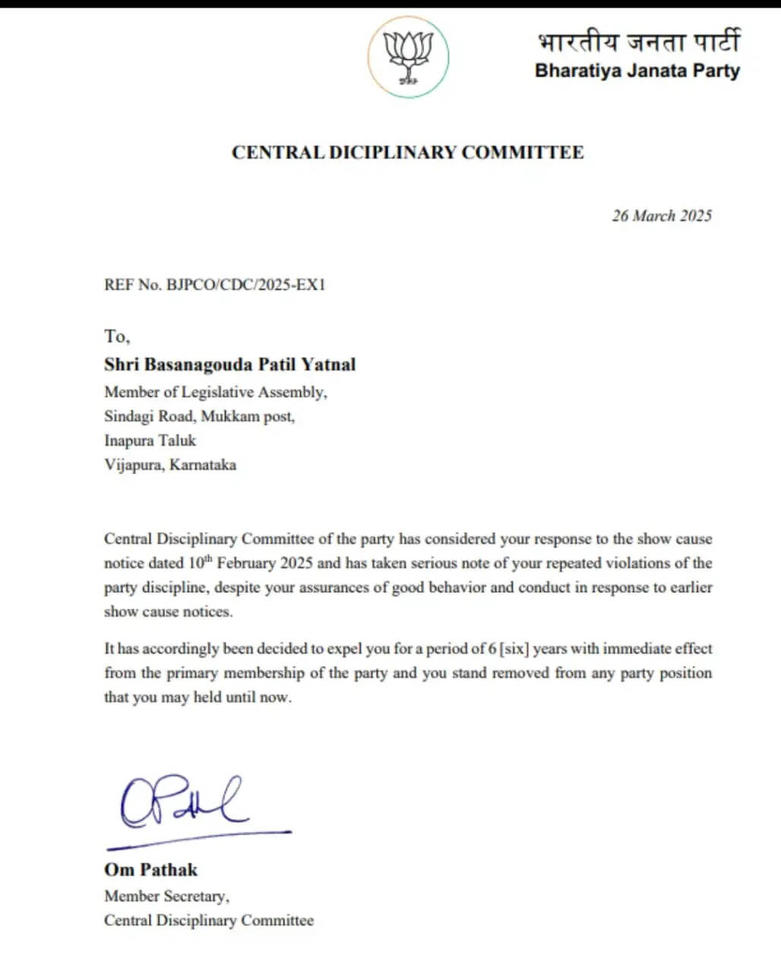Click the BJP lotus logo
pos(409,58)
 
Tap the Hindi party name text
pos(637,41)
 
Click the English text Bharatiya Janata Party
pos(637,71)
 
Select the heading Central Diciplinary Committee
pos(408,153)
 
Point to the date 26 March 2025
pos(662,216)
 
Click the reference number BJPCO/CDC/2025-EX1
pos(245,285)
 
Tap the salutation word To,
pos(117,336)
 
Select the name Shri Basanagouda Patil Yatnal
pos(229,364)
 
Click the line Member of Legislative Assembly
pos(216,392)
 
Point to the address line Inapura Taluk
pos(150,440)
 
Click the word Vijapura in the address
pos(133,465)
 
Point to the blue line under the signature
pos(199,838)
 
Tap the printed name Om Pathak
pos(150,870)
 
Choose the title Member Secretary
pos(166,896)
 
